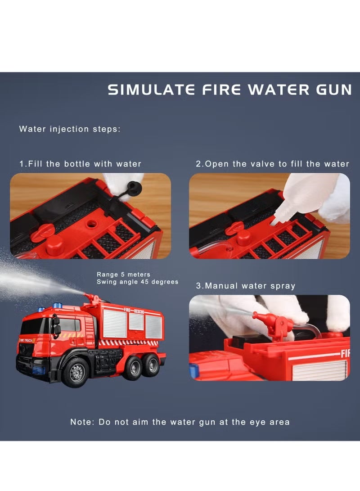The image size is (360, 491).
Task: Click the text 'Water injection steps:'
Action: coord(70,129)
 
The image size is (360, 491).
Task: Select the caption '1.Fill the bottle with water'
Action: coord(80,164)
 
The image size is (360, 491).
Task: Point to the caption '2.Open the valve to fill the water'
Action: coord(272,164)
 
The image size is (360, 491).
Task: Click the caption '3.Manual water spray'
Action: coord(245,286)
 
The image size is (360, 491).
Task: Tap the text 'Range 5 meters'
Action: coord(124,274)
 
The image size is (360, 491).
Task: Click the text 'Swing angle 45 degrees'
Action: coord(137,282)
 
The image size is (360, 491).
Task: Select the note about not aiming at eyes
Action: coord(180,422)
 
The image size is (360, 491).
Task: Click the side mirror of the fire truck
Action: coord(57,327)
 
